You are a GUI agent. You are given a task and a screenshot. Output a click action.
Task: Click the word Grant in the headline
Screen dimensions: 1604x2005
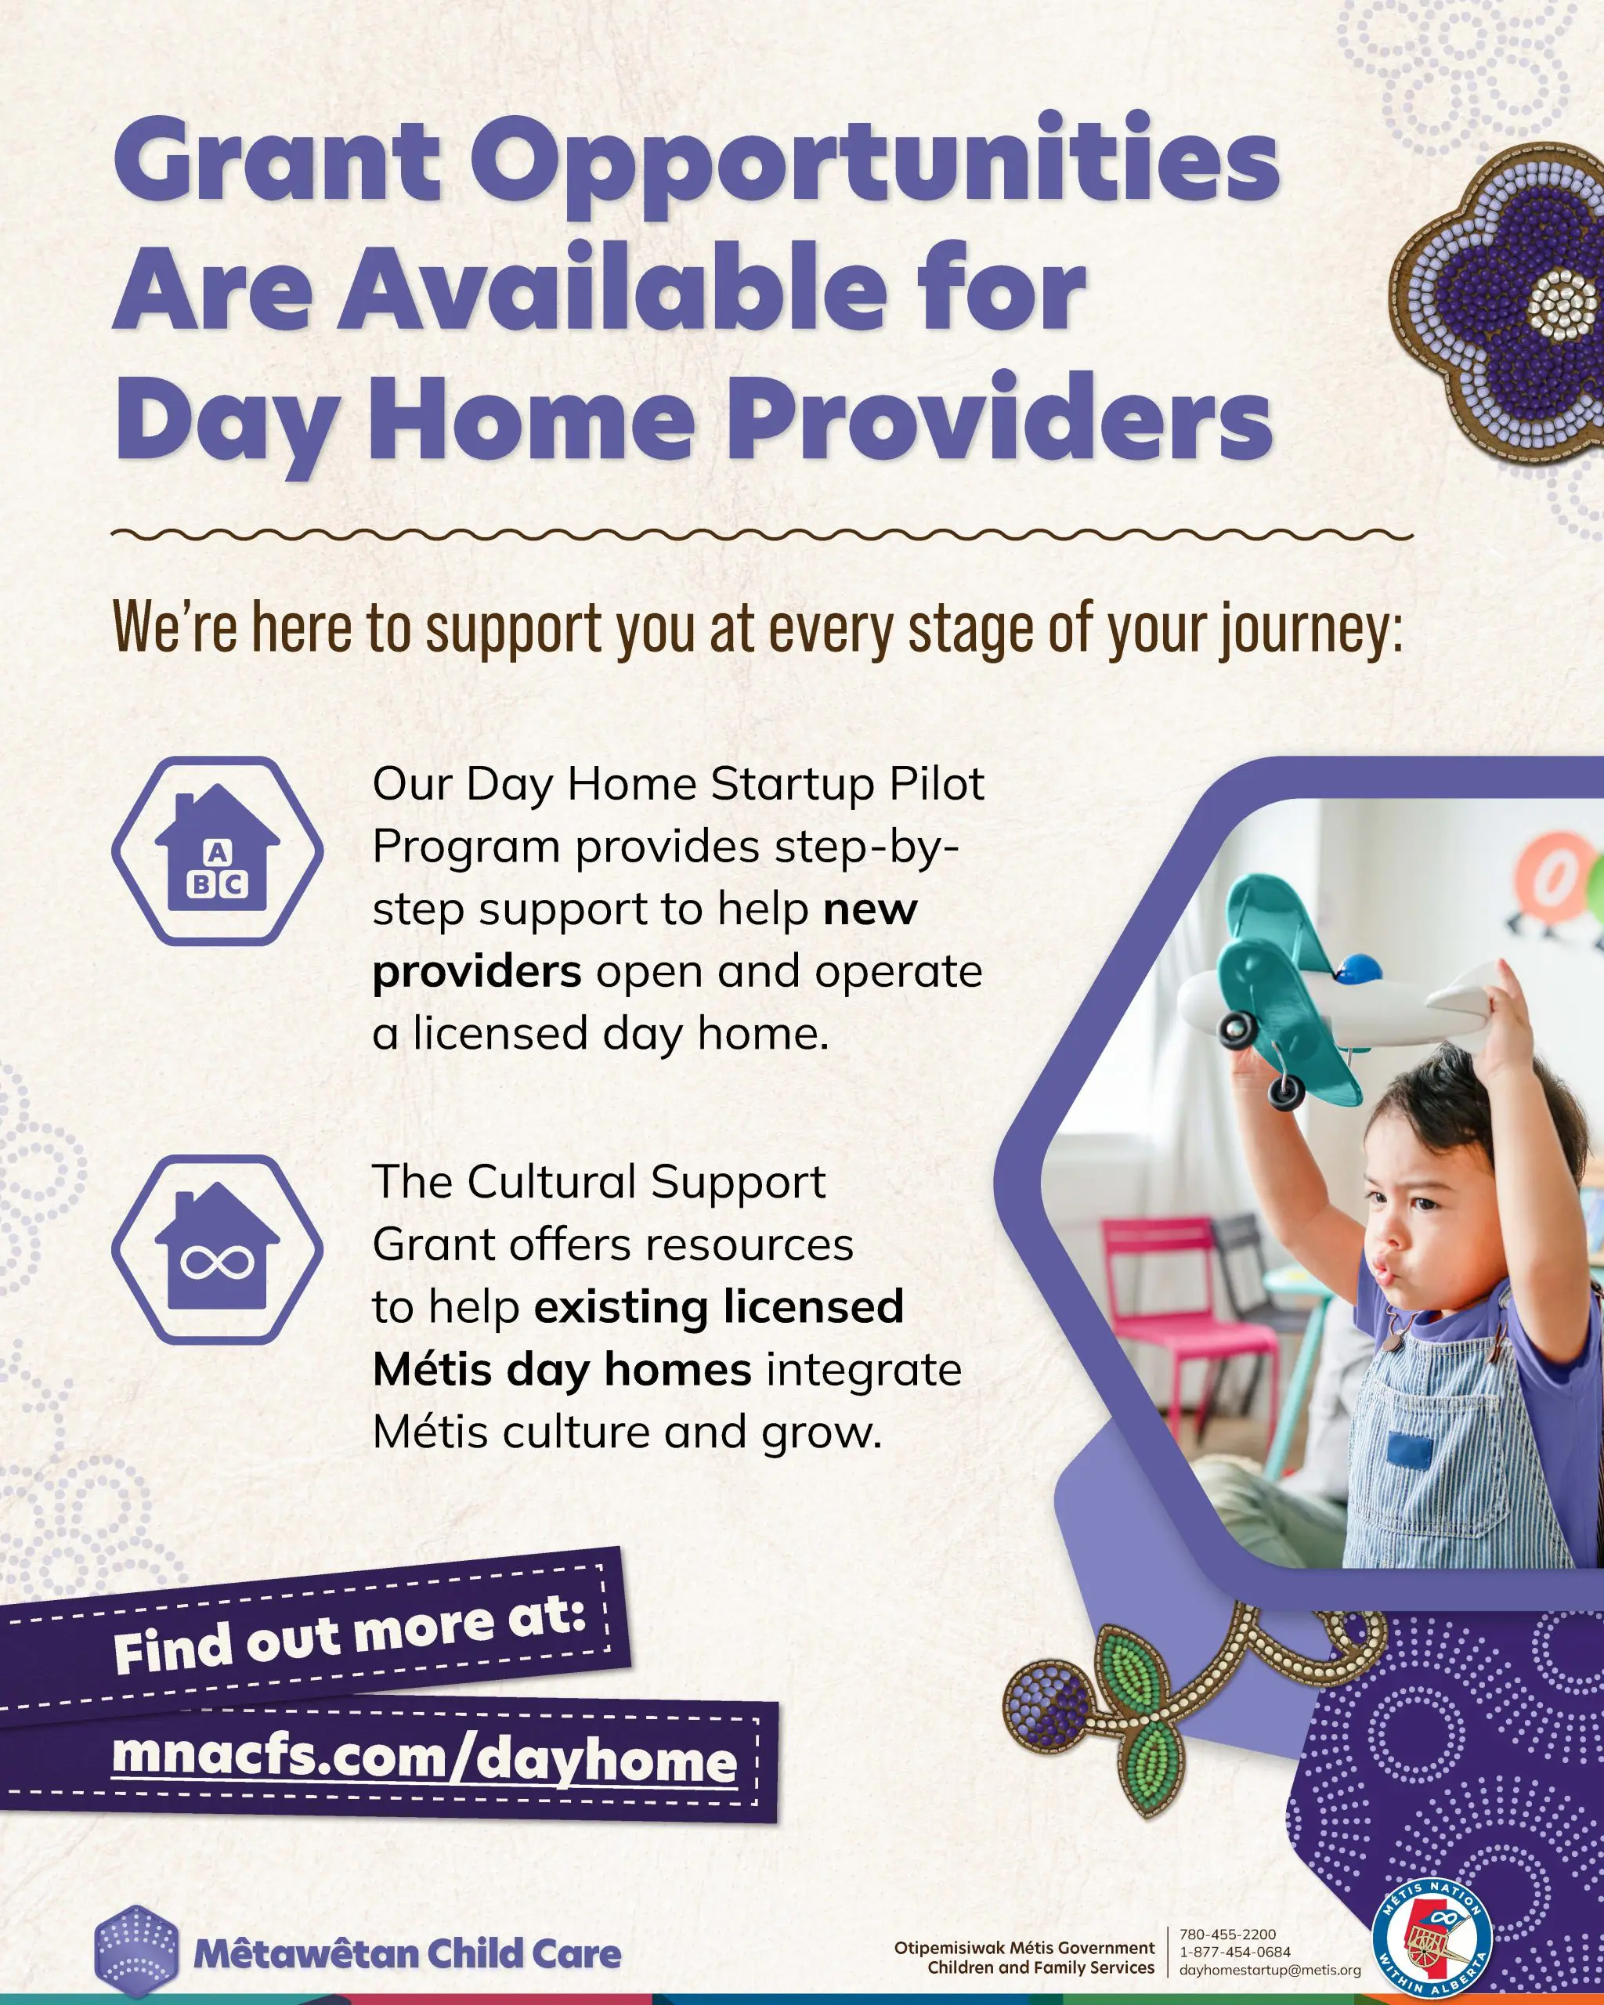(277, 161)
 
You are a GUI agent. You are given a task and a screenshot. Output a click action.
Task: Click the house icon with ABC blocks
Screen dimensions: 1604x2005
(218, 851)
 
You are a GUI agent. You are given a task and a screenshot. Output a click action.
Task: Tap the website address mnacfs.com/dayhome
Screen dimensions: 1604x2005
(425, 1758)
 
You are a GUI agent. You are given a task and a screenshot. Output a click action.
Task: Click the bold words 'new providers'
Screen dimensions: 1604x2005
(645, 940)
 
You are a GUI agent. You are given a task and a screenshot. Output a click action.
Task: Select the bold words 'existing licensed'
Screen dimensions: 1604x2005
(719, 1306)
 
